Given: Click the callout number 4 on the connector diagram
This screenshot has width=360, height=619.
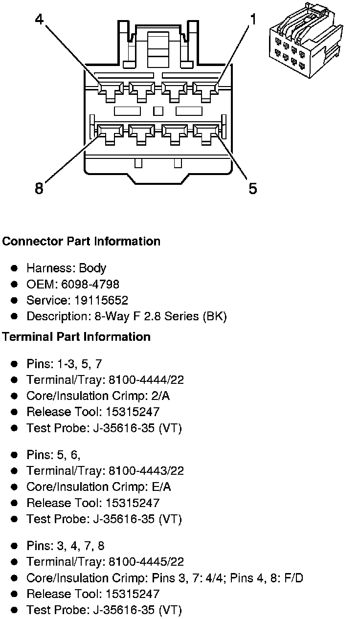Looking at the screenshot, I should click(x=40, y=20).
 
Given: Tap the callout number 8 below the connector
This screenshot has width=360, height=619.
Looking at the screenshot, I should click(x=39, y=188).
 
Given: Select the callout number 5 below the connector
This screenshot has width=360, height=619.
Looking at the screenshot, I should click(x=252, y=188).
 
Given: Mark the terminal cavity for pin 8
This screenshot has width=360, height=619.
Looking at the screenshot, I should click(x=109, y=132).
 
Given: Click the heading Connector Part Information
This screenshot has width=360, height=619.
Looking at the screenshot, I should click(x=81, y=242).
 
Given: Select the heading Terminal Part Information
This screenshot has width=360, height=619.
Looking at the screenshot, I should click(x=76, y=337).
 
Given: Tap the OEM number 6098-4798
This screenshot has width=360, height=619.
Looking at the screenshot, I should click(x=88, y=284).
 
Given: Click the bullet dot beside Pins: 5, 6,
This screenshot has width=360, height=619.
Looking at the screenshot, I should click(x=15, y=455).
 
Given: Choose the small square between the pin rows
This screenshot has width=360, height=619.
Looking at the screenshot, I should click(x=158, y=111).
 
